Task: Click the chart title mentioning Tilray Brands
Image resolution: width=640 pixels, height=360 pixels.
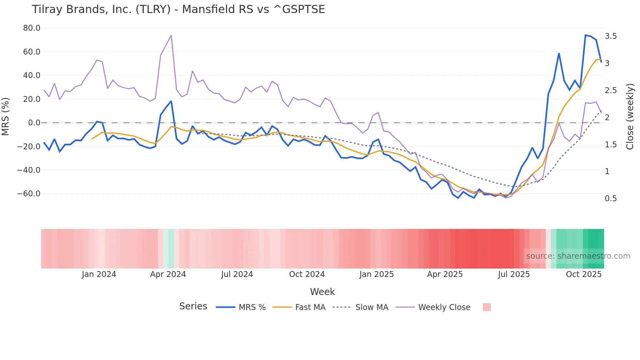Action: pos(178,9)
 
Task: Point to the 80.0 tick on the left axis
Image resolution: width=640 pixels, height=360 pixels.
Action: pos(32,28)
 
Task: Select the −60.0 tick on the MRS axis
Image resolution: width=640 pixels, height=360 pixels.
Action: pos(29,194)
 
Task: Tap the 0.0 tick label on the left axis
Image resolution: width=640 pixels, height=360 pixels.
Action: pos(34,123)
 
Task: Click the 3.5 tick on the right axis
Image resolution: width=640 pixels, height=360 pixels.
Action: pos(611,36)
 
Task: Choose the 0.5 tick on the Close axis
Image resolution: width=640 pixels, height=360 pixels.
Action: pos(611,199)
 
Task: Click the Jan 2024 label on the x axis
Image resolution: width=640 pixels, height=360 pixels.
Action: pos(99,274)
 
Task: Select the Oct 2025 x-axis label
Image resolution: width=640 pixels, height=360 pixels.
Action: pos(584,274)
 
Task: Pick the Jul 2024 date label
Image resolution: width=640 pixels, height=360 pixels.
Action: pos(237,274)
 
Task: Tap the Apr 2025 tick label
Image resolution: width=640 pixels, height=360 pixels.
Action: pos(445,274)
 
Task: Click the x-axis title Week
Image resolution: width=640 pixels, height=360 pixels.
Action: pos(322,292)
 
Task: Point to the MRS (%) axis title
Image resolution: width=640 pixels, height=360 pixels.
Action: pos(6,116)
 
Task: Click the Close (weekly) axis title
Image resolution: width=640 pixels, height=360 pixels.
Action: pos(630,116)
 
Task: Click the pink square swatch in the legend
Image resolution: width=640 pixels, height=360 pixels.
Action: pos(487,307)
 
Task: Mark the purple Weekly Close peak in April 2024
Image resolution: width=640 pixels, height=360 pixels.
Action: pos(171,36)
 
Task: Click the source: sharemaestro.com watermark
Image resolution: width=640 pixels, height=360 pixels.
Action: pos(578,256)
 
